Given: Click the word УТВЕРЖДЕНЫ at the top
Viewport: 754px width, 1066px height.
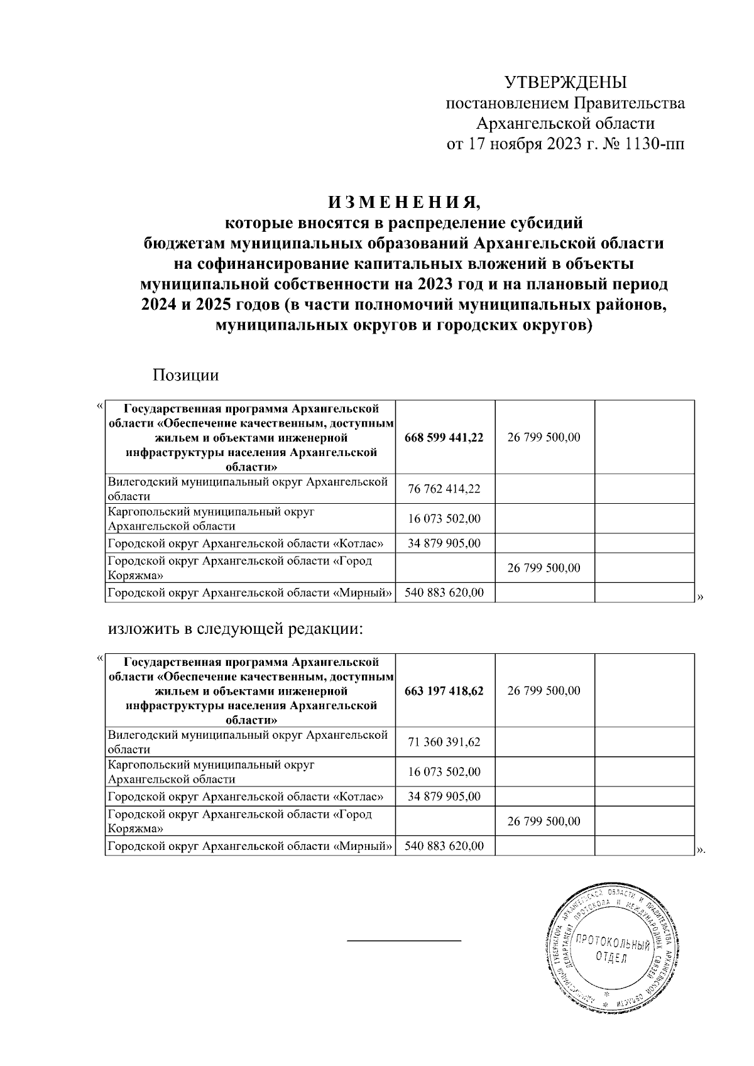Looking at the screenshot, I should (565, 82).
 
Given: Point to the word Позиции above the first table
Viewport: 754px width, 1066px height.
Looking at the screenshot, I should (185, 376).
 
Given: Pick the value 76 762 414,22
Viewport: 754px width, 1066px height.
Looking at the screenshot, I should (444, 489).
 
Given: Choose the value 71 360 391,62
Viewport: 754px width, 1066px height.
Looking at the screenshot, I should (444, 742).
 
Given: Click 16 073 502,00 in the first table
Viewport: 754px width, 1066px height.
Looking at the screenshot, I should (444, 519).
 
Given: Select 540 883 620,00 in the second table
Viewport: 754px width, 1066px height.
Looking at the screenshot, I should (444, 846).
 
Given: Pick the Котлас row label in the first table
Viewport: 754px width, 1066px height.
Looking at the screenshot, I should (245, 543).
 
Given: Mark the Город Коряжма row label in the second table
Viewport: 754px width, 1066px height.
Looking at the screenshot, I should (239, 821).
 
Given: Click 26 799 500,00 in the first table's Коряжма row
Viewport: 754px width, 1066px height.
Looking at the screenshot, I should (544, 568).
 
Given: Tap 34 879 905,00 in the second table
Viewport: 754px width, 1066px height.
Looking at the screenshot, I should (444, 797).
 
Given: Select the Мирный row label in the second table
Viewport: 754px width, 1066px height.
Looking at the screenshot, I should (249, 846).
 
